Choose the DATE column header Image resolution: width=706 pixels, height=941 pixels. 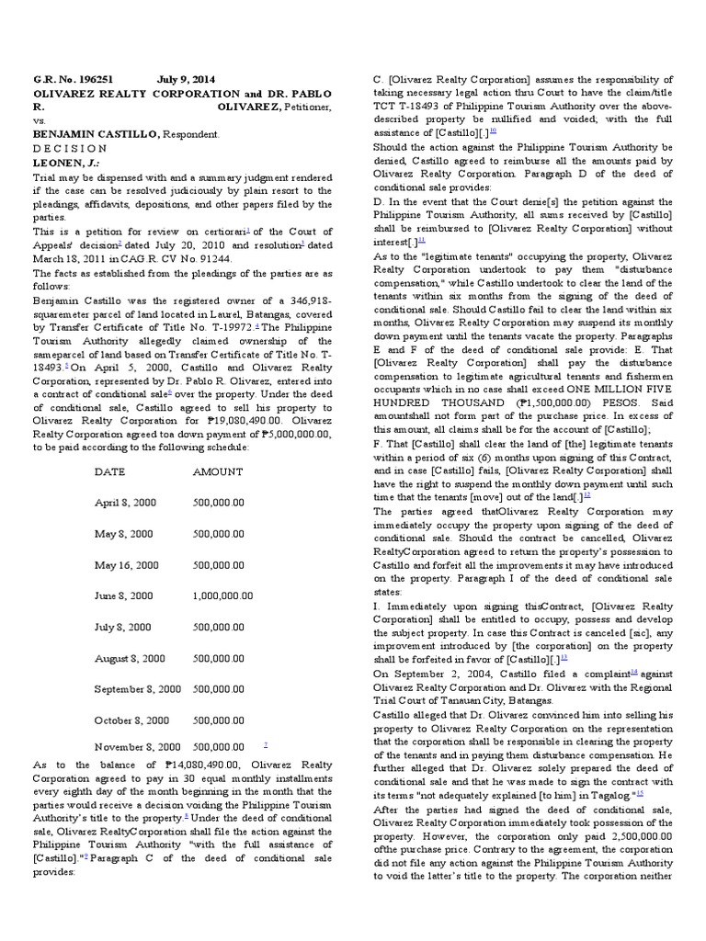110,471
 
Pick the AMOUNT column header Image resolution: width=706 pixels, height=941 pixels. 218,471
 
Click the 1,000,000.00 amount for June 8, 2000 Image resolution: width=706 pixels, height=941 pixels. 222,595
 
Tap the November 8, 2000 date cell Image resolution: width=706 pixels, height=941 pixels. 137,747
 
